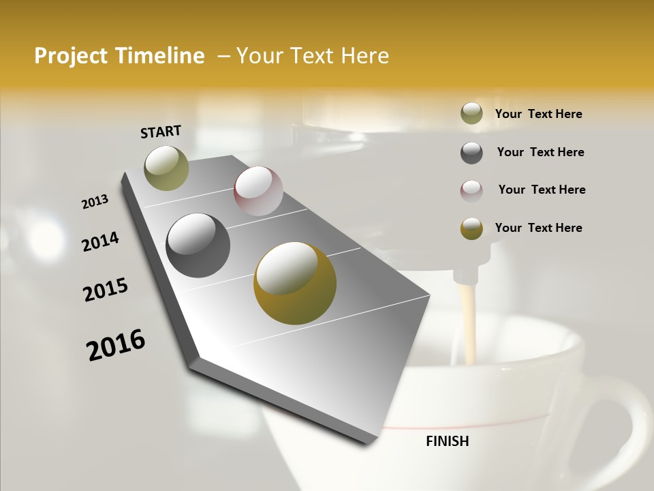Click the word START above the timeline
tap(161, 131)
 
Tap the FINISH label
tap(447, 441)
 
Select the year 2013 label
tap(95, 202)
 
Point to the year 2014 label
tap(100, 241)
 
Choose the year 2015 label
tap(106, 290)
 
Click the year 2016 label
tap(116, 345)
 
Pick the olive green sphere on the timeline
tap(167, 168)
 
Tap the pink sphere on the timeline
tap(258, 190)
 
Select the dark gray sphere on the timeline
tap(198, 245)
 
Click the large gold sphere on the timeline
tap(294, 282)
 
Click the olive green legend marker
tap(471, 114)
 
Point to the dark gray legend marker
tap(471, 153)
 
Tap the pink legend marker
tap(471, 190)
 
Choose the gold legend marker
tap(471, 228)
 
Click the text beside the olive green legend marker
tap(538, 115)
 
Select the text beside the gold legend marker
tap(538, 228)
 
